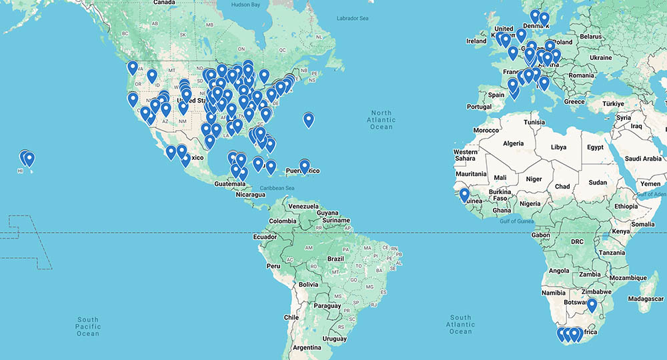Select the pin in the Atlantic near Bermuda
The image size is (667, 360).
tap(308, 120)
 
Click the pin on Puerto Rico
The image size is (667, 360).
tap(304, 166)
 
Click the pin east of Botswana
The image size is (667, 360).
tap(591, 305)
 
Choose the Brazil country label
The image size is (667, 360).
tap(336, 259)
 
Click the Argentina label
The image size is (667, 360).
tap(306, 347)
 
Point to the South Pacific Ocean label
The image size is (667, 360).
tap(88, 326)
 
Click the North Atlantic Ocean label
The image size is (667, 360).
tap(382, 120)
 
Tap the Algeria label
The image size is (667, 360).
tap(513, 143)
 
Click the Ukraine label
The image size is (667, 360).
tap(600, 57)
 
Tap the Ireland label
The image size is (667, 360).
tap(476, 41)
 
